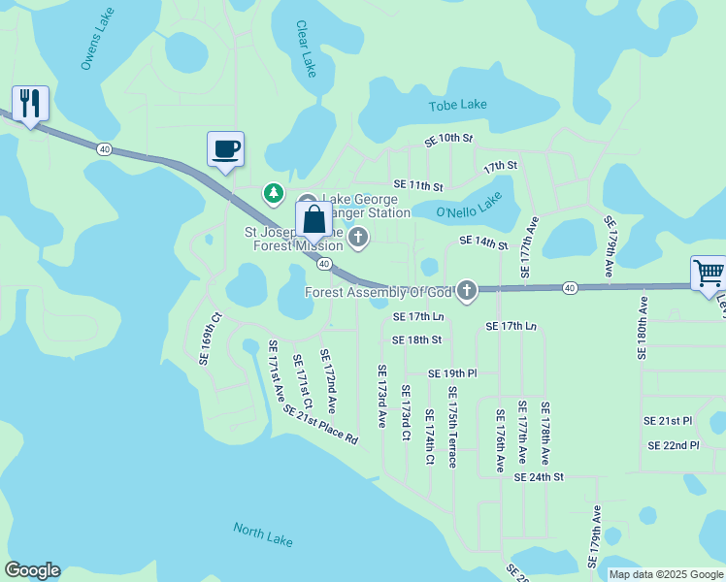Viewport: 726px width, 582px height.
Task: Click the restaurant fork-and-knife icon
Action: [30, 103]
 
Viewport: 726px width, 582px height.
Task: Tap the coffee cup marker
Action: [225, 149]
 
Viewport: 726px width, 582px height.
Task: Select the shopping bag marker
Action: [313, 220]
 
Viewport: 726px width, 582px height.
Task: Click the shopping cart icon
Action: [709, 274]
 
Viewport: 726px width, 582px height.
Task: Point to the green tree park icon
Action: [275, 194]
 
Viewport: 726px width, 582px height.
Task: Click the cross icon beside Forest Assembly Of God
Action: [467, 290]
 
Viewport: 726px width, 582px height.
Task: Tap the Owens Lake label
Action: [98, 48]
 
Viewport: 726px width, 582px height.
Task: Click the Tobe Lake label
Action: [458, 105]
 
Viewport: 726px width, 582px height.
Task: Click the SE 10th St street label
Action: [447, 140]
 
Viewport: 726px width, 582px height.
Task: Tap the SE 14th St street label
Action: [483, 242]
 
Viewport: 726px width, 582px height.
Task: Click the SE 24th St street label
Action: [539, 477]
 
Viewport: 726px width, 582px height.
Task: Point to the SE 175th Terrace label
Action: [452, 427]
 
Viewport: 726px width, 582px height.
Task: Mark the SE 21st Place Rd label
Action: [321, 424]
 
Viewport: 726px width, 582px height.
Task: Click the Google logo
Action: [32, 570]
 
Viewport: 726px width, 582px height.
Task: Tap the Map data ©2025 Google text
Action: [666, 574]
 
